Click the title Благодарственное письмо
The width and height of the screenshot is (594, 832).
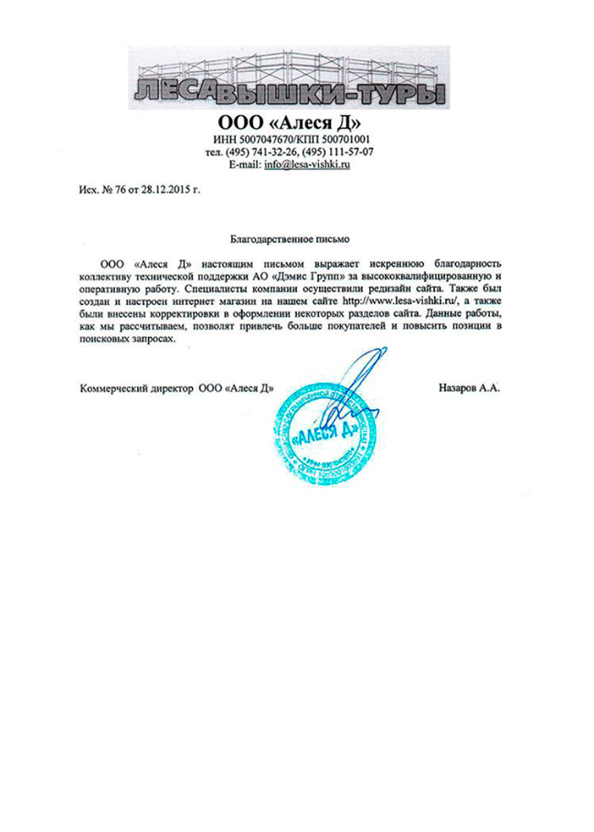tap(292, 238)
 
